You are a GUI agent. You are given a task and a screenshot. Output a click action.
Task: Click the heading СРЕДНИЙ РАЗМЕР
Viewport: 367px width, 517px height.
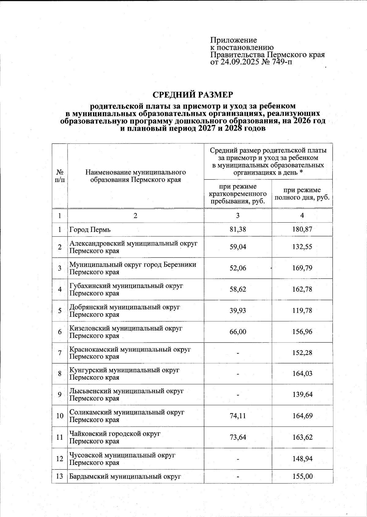[x=193, y=95]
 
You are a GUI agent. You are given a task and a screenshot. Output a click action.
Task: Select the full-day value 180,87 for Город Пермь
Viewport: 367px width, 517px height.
[x=302, y=229]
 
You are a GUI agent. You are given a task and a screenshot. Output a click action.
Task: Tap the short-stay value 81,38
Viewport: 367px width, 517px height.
[x=238, y=229]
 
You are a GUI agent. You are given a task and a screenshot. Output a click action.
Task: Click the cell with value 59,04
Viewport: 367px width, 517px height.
[x=238, y=247]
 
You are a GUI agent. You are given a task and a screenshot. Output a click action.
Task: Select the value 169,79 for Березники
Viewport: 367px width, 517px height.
[x=302, y=268]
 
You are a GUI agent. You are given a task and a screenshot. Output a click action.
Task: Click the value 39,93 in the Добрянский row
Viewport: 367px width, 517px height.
[x=238, y=310]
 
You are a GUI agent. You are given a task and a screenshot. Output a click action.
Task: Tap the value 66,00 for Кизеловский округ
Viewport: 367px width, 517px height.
[x=238, y=332]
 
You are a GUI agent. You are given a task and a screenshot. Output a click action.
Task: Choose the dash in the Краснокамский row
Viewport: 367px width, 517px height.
[x=238, y=353]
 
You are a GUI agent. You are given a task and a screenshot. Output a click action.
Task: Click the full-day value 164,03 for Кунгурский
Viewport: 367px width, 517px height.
[x=302, y=373]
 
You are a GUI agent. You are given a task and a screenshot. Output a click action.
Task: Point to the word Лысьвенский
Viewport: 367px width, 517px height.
[x=91, y=391]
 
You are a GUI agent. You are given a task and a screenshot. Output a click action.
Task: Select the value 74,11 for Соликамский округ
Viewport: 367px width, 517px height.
[x=238, y=416]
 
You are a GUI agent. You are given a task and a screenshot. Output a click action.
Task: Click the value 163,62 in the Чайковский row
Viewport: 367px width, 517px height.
[x=302, y=437]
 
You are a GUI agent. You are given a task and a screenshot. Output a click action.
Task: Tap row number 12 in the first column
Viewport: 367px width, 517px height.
[x=60, y=459]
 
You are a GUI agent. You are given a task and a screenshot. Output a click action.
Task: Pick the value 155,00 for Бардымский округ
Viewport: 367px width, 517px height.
[x=302, y=476]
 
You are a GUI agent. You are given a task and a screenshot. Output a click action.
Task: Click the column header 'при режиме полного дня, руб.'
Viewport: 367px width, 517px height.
[x=302, y=194]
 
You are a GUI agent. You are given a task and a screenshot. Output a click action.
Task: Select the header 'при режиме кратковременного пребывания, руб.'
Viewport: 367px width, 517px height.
[x=238, y=194]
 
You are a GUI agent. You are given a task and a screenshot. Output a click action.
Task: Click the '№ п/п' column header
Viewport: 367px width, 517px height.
[x=60, y=176]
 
